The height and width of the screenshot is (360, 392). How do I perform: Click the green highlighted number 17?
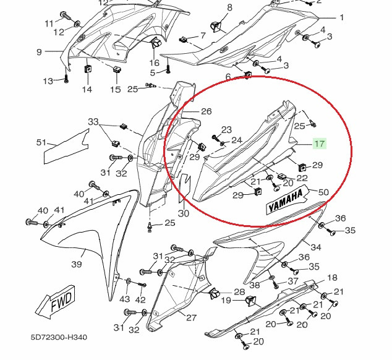coord(319,144)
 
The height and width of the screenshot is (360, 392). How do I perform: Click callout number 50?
coord(323,193)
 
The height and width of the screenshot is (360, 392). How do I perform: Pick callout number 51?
coord(41,143)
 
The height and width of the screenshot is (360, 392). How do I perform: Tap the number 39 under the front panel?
coord(77,265)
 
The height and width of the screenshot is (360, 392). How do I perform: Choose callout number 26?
coord(206,111)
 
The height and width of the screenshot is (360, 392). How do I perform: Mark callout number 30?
coord(183,213)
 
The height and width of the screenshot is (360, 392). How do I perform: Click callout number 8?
coord(212,7)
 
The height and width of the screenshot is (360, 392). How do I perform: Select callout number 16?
coord(155,62)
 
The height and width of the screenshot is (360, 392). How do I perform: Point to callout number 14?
coord(87,90)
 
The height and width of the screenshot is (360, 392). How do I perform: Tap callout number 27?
coord(191,318)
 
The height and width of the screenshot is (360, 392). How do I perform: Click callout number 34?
coord(316,247)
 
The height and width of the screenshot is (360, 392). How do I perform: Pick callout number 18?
coord(332,278)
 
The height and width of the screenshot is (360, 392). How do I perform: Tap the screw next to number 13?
coord(66,79)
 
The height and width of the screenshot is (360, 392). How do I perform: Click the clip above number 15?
coord(116,69)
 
